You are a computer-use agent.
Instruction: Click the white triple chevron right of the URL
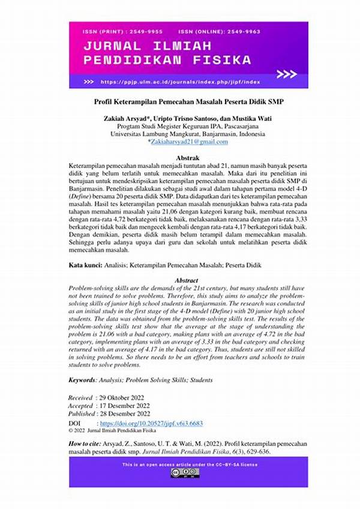[286, 74]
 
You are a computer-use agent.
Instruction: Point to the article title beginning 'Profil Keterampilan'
[180, 101]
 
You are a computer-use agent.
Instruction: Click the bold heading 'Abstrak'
[180, 157]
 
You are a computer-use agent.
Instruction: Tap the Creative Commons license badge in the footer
[185, 473]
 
